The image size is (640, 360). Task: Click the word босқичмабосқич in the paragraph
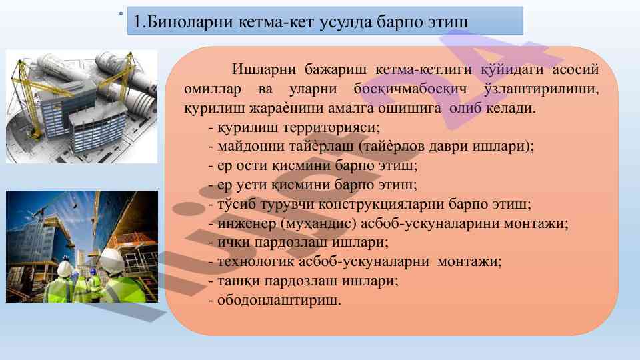tap(411, 89)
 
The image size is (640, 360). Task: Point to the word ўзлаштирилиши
tap(541, 89)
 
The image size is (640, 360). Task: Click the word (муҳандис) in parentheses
tap(319, 224)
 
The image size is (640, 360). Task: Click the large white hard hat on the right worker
tap(111, 261)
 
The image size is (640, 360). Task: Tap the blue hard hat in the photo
tap(93, 271)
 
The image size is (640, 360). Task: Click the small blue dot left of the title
tap(121, 13)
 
